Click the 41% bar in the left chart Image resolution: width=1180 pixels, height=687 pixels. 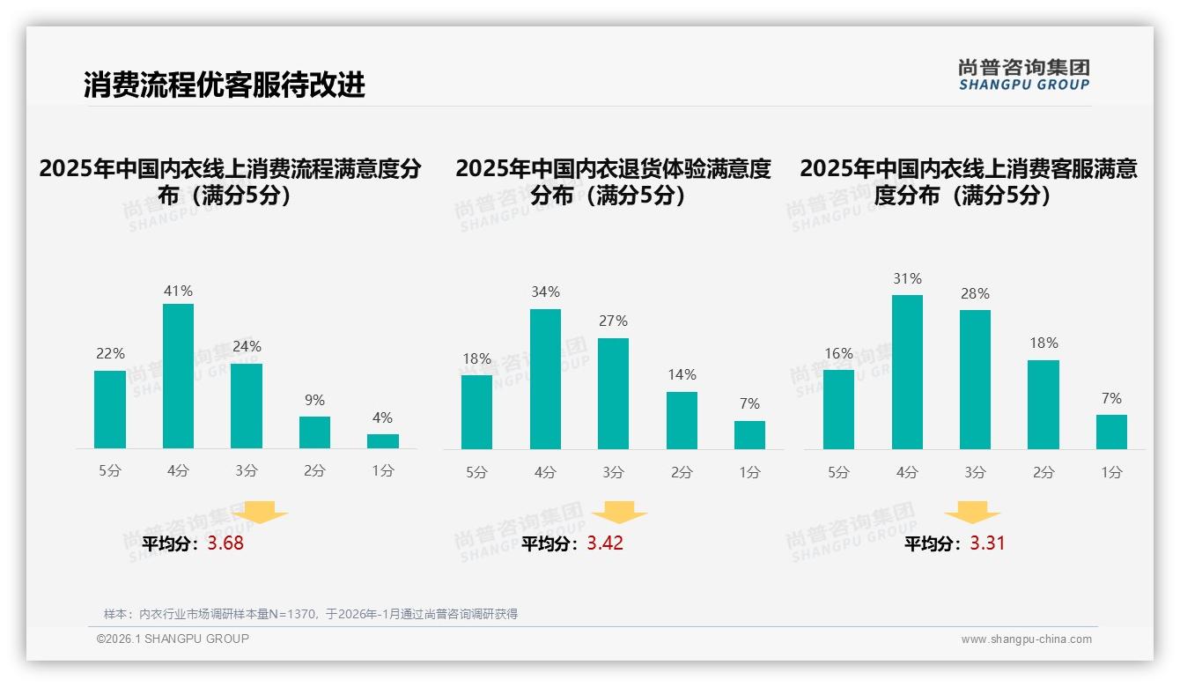point(179,376)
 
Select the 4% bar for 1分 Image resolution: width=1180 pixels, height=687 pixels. point(383,440)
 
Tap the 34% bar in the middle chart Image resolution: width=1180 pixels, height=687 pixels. point(545,379)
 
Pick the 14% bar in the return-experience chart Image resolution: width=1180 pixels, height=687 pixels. point(682,420)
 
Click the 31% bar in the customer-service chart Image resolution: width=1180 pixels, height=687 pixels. point(907,372)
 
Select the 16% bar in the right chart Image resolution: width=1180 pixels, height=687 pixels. point(838,409)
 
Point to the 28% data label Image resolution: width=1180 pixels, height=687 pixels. point(975,293)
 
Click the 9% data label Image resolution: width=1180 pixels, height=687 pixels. point(314,400)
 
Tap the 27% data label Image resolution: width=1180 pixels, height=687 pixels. point(613,321)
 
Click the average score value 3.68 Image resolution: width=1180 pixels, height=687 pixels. point(225,543)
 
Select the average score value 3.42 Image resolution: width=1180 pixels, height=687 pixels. point(605,543)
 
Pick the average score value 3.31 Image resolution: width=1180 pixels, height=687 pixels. point(987,543)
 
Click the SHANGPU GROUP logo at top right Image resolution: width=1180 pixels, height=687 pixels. point(1023,75)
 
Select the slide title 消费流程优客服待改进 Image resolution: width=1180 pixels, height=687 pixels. point(225,85)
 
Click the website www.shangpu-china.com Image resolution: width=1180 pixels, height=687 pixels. point(1026,639)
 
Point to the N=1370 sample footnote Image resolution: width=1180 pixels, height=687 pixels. point(311,614)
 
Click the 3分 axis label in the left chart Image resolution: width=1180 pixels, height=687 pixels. point(247,471)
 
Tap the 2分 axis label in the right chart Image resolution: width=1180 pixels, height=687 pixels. point(1044,473)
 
